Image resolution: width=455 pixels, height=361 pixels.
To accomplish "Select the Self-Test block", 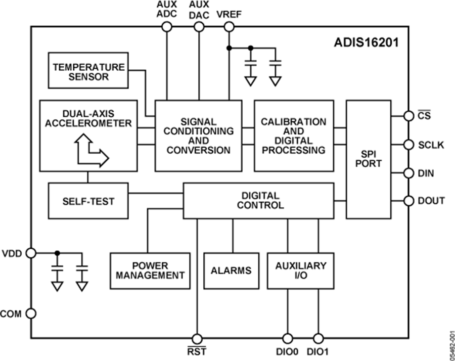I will click(88, 201).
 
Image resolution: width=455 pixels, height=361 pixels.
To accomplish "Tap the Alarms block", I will click(231, 270).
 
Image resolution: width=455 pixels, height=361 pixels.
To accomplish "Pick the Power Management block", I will click(148, 270).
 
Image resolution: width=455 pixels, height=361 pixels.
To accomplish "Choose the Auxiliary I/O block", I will click(301, 270).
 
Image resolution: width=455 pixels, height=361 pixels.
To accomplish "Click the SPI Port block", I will click(368, 159).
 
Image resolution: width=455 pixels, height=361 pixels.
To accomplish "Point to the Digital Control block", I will click(258, 200).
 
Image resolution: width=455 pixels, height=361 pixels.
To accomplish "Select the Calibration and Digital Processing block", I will click(294, 136).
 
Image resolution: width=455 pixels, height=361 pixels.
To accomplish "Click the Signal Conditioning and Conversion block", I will click(199, 136).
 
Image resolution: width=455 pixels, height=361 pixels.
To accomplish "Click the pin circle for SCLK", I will click(409, 145).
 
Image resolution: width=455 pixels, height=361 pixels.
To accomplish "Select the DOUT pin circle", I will click(409, 201).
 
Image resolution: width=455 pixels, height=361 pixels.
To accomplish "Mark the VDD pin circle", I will click(31, 252).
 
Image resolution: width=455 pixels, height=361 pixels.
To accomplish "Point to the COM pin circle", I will click(31, 313).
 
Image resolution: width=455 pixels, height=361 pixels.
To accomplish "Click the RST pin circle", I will click(197, 338).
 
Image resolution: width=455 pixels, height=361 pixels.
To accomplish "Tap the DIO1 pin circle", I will click(318, 338).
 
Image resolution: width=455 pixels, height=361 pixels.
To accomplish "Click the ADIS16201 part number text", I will click(367, 42).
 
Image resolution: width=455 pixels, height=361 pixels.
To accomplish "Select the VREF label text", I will click(229, 14).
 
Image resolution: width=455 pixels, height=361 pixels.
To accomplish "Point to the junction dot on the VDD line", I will click(57, 252).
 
